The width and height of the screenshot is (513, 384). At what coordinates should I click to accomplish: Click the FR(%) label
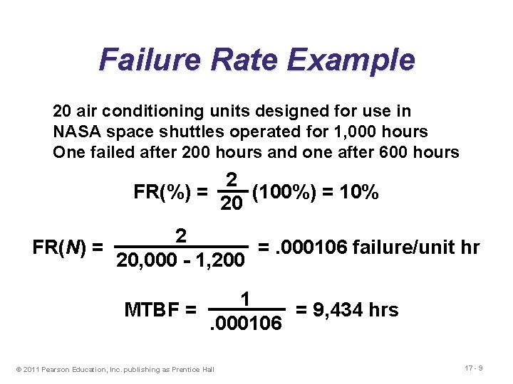coord(162,192)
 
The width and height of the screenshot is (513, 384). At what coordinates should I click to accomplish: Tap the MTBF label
coord(151,310)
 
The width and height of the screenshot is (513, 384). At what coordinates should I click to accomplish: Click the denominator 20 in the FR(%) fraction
coord(231,205)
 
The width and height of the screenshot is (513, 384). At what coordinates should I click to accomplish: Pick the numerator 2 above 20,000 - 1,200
coord(181,235)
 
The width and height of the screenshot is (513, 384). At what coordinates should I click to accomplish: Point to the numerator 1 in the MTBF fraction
coord(245,299)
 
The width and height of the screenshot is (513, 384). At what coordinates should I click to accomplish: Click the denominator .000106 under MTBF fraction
coord(246,324)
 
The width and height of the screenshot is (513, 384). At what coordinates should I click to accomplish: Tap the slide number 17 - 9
coord(472,368)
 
